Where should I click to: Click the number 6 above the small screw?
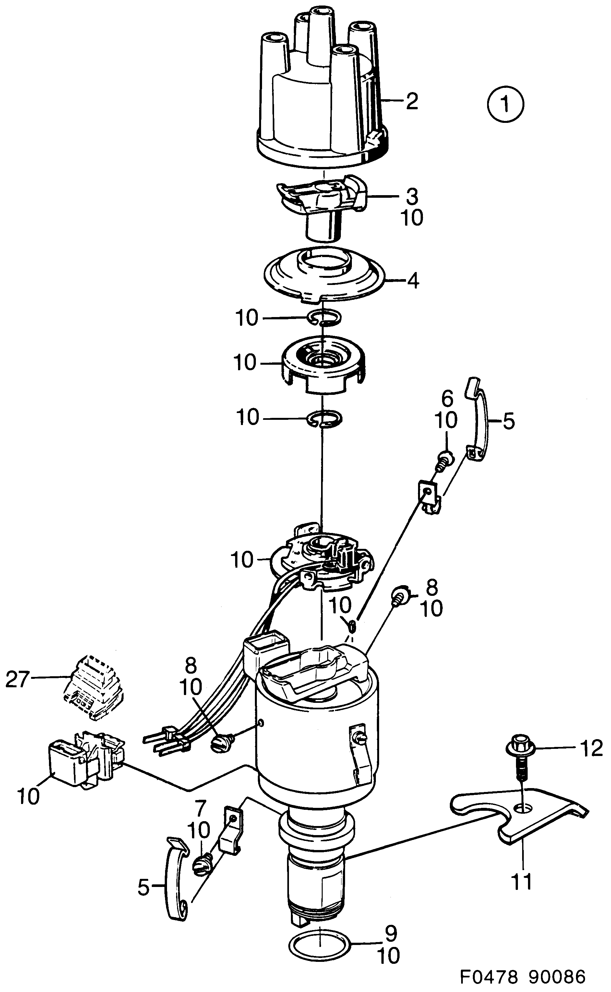447,399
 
